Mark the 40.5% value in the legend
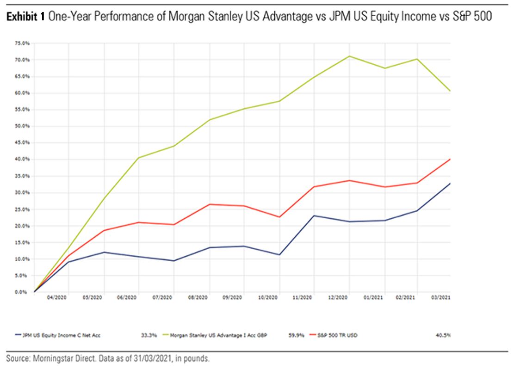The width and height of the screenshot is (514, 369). click(x=443, y=335)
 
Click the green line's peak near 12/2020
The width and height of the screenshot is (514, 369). click(x=349, y=56)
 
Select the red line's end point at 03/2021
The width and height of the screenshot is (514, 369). click(x=450, y=159)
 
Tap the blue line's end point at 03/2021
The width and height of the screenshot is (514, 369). click(x=450, y=184)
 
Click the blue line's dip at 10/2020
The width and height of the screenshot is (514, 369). click(x=279, y=255)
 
